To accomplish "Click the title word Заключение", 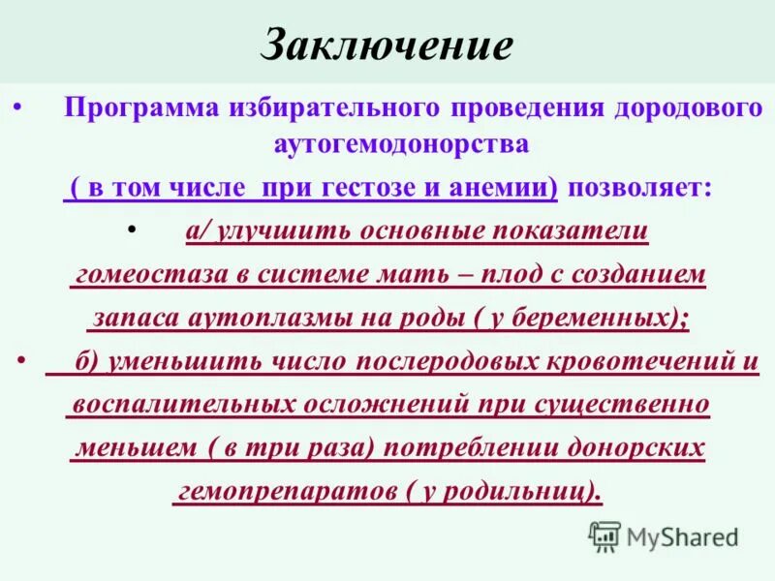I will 387,46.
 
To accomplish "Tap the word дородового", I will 687,107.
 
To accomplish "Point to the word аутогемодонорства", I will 401,143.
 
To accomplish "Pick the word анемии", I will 503,189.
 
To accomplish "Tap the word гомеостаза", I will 150,275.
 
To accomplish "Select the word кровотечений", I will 645,363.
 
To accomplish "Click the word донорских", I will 631,448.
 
